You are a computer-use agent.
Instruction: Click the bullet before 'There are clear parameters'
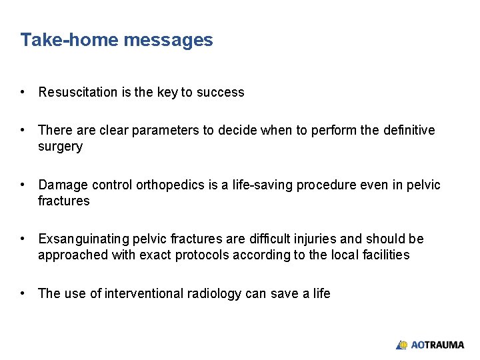(23, 131)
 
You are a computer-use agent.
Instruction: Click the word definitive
(409, 131)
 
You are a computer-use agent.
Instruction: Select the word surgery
(60, 147)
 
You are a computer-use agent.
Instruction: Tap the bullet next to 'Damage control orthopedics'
(23, 185)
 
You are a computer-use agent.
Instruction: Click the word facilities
(387, 255)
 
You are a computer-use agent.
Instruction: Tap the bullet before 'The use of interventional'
(23, 294)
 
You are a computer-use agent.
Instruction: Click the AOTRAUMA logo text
(437, 345)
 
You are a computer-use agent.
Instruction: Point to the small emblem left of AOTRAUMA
(401, 345)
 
